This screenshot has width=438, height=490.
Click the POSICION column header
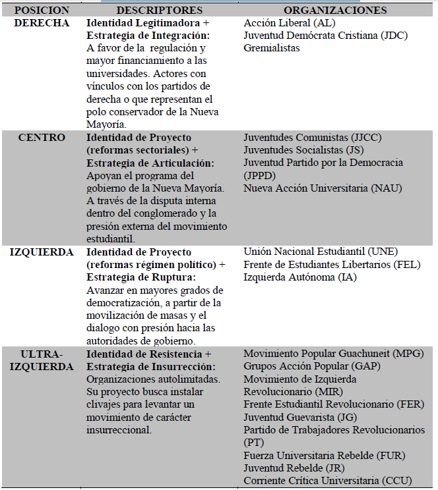point(41,11)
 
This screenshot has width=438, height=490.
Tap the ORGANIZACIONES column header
point(335,11)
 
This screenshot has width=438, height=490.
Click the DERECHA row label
point(41,23)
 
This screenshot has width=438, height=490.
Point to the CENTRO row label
point(41,138)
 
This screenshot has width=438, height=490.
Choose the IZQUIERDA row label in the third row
point(41,252)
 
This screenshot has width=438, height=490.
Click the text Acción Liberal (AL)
point(290,23)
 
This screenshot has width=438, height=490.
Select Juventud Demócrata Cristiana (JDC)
point(325,36)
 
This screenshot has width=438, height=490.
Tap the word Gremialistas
point(272,48)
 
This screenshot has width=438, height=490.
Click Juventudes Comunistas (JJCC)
point(313,138)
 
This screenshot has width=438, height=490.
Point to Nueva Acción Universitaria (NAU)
point(323,188)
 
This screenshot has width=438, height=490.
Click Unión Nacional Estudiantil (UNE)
point(321,252)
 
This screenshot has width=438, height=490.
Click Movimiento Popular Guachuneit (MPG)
point(329,354)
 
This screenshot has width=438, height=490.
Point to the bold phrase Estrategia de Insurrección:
point(148,366)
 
